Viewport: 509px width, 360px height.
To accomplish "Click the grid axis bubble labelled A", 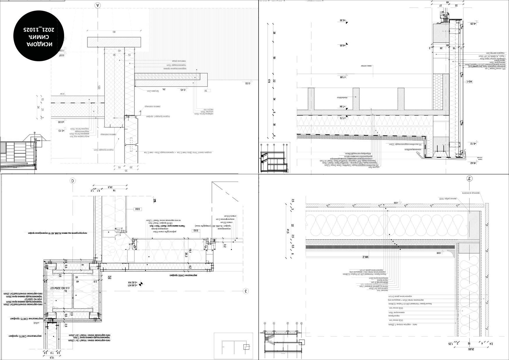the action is point(98,5).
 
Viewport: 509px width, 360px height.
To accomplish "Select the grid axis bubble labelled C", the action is point(73,181).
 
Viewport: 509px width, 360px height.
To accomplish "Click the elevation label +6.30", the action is point(343,21).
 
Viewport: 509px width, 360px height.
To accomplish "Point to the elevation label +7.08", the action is point(343,77).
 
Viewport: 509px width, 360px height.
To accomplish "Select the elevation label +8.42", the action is point(473,163).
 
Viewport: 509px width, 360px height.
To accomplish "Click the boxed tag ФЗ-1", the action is point(470,82).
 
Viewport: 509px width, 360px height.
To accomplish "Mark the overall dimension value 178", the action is point(269,81).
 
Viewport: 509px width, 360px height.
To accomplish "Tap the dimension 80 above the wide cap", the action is point(114,32).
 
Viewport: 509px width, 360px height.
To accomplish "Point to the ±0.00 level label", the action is point(61,122).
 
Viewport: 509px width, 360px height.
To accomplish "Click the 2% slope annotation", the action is point(164,90).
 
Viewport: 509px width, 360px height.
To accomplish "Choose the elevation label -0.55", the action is point(247,83).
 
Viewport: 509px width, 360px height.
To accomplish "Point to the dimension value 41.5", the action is point(288,231).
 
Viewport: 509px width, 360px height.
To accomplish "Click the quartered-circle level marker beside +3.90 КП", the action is point(141,284).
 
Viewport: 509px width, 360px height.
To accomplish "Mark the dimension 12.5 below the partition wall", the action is point(52,357).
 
